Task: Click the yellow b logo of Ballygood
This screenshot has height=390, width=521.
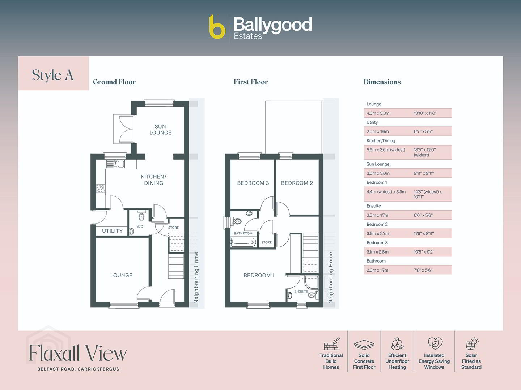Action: pyautogui.click(x=217, y=27)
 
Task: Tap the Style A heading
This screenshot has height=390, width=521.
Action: pyautogui.click(x=52, y=75)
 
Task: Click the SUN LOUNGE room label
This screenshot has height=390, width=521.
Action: pyautogui.click(x=160, y=130)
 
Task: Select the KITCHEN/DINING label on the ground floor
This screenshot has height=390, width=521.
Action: pyautogui.click(x=153, y=180)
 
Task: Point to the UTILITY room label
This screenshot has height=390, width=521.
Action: pyautogui.click(x=112, y=231)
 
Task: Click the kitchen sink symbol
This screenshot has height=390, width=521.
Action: pyautogui.click(x=115, y=164)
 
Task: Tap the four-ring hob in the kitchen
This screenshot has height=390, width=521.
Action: pyautogui.click(x=101, y=189)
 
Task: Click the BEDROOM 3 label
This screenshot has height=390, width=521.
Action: pyautogui.click(x=253, y=183)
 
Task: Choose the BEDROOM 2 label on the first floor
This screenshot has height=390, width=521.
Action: pyautogui.click(x=297, y=183)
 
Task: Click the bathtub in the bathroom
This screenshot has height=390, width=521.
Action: pyautogui.click(x=243, y=242)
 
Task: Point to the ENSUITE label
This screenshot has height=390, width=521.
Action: pyautogui.click(x=301, y=291)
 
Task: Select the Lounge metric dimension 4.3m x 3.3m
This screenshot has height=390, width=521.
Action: pyautogui.click(x=378, y=113)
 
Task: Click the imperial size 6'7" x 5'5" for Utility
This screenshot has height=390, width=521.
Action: pyautogui.click(x=423, y=131)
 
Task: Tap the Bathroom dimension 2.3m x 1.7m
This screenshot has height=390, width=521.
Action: pyautogui.click(x=377, y=270)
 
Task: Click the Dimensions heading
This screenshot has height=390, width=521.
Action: pyautogui.click(x=382, y=82)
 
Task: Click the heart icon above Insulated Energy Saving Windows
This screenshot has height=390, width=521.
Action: pyautogui.click(x=435, y=343)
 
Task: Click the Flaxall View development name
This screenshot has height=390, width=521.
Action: pyautogui.click(x=78, y=353)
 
